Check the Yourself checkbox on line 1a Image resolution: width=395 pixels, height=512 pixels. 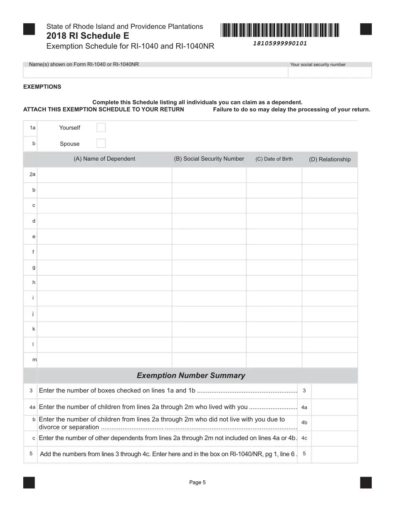[101, 127]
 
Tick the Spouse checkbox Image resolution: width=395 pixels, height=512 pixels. [101, 144]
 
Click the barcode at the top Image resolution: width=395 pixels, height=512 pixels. [280, 31]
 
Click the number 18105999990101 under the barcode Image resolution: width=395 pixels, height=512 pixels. [280, 43]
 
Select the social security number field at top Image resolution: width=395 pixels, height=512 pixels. [330, 72]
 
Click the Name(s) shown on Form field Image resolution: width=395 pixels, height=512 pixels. [156, 72]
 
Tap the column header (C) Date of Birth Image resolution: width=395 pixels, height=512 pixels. [274, 159]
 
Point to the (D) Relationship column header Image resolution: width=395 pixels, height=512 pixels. [330, 159]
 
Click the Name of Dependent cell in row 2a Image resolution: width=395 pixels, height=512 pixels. [104, 175]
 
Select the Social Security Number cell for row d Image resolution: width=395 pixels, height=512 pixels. [209, 221]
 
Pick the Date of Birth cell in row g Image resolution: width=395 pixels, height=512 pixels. [274, 268]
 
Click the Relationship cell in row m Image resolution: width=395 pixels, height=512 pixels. [330, 360]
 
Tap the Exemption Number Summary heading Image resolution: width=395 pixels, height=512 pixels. [191, 375]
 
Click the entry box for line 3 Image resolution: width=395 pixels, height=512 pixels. [334, 391]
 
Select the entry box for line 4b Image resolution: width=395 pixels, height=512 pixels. [334, 423]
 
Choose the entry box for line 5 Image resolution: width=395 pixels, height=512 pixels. [334, 454]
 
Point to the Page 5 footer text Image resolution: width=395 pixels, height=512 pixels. [197, 482]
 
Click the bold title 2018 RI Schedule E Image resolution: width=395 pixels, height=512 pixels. [88, 36]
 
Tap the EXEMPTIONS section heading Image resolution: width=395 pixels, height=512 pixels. [42, 87]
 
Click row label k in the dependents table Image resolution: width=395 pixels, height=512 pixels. [34, 329]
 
